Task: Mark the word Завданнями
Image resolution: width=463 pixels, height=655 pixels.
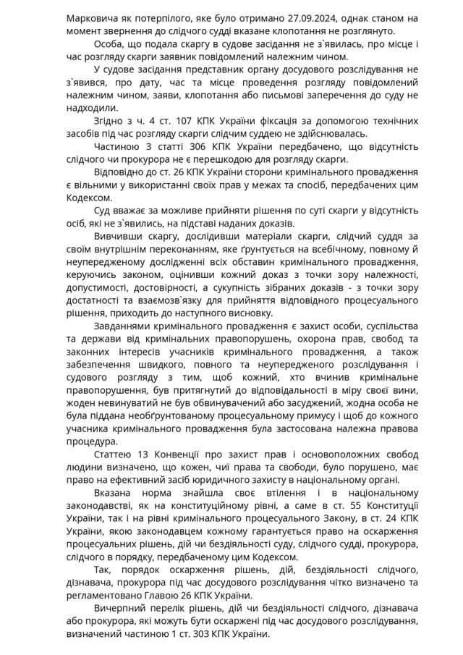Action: click(x=124, y=327)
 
